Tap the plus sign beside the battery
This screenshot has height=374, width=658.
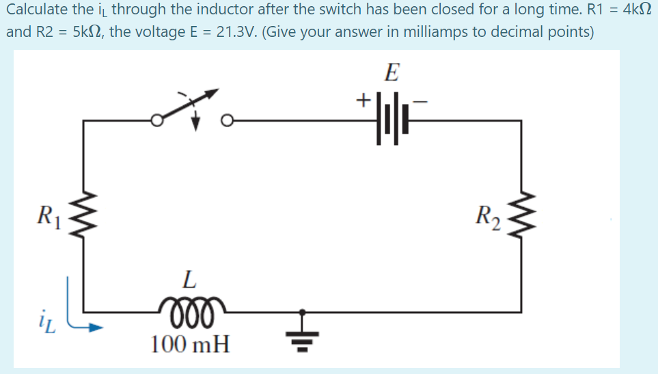pos(363,101)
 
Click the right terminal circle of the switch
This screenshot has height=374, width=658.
pos(226,121)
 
